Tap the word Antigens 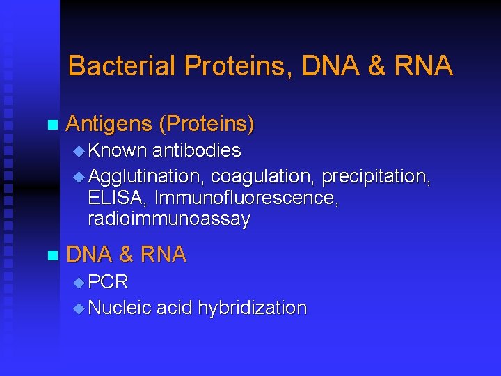(109, 125)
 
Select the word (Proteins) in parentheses (207, 125)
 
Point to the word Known (118, 150)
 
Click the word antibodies (197, 150)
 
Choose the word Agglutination (147, 177)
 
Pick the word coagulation (263, 177)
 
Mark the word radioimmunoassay (169, 220)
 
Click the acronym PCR (109, 282)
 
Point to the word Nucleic (120, 308)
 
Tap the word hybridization (252, 308)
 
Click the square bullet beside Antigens (50, 125)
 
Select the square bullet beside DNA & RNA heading (50, 256)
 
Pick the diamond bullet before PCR (79, 283)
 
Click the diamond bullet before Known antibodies (79, 151)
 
